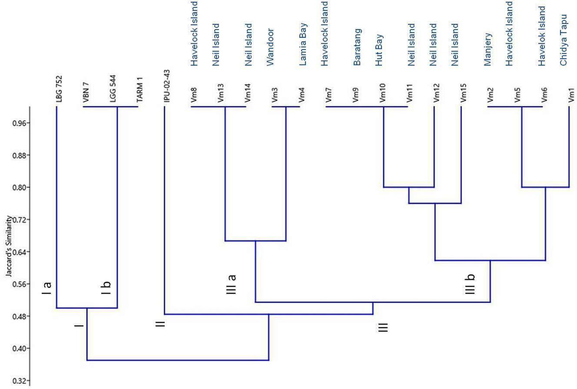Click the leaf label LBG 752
pyautogui.click(x=59, y=89)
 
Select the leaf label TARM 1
pyautogui.click(x=140, y=90)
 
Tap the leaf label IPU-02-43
pyautogui.click(x=167, y=86)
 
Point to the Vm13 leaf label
pyautogui.click(x=221, y=93)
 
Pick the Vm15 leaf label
pyautogui.click(x=463, y=93)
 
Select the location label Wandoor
pyautogui.click(x=270, y=47)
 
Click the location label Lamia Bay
pyautogui.click(x=303, y=44)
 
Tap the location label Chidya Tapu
pyautogui.click(x=563, y=40)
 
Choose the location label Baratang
pyautogui.click(x=357, y=47)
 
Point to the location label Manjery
pyautogui.click(x=488, y=49)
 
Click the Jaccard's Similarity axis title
pyautogui.click(x=9, y=246)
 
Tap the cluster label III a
pyautogui.click(x=232, y=284)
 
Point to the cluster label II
pyautogui.click(x=160, y=324)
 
